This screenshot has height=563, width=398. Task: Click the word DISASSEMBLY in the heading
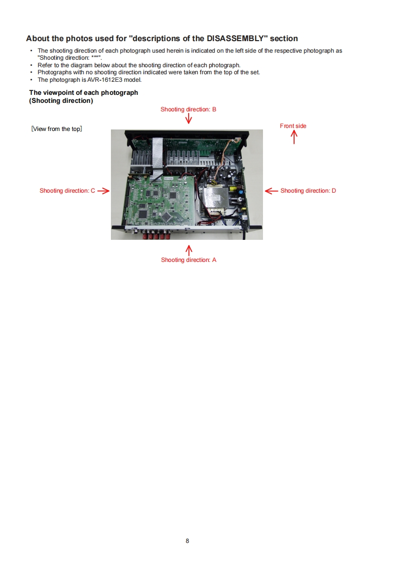click(235, 39)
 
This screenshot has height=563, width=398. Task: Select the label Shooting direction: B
click(188, 109)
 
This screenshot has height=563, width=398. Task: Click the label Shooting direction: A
click(189, 259)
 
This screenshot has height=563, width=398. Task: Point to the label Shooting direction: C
click(67, 191)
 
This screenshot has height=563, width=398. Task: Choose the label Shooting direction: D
click(308, 191)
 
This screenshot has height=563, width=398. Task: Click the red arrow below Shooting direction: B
click(189, 118)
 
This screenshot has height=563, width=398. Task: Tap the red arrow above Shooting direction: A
click(189, 250)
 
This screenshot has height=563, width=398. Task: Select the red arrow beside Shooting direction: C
click(103, 191)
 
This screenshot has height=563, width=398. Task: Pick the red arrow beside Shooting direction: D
click(271, 191)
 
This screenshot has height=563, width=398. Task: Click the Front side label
click(293, 125)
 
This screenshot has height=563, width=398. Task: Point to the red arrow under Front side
click(294, 137)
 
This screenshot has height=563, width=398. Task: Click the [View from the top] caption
click(57, 129)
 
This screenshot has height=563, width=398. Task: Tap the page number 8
click(187, 541)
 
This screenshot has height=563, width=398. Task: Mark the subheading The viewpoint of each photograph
click(84, 92)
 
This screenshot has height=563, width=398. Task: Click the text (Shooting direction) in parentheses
click(61, 100)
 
